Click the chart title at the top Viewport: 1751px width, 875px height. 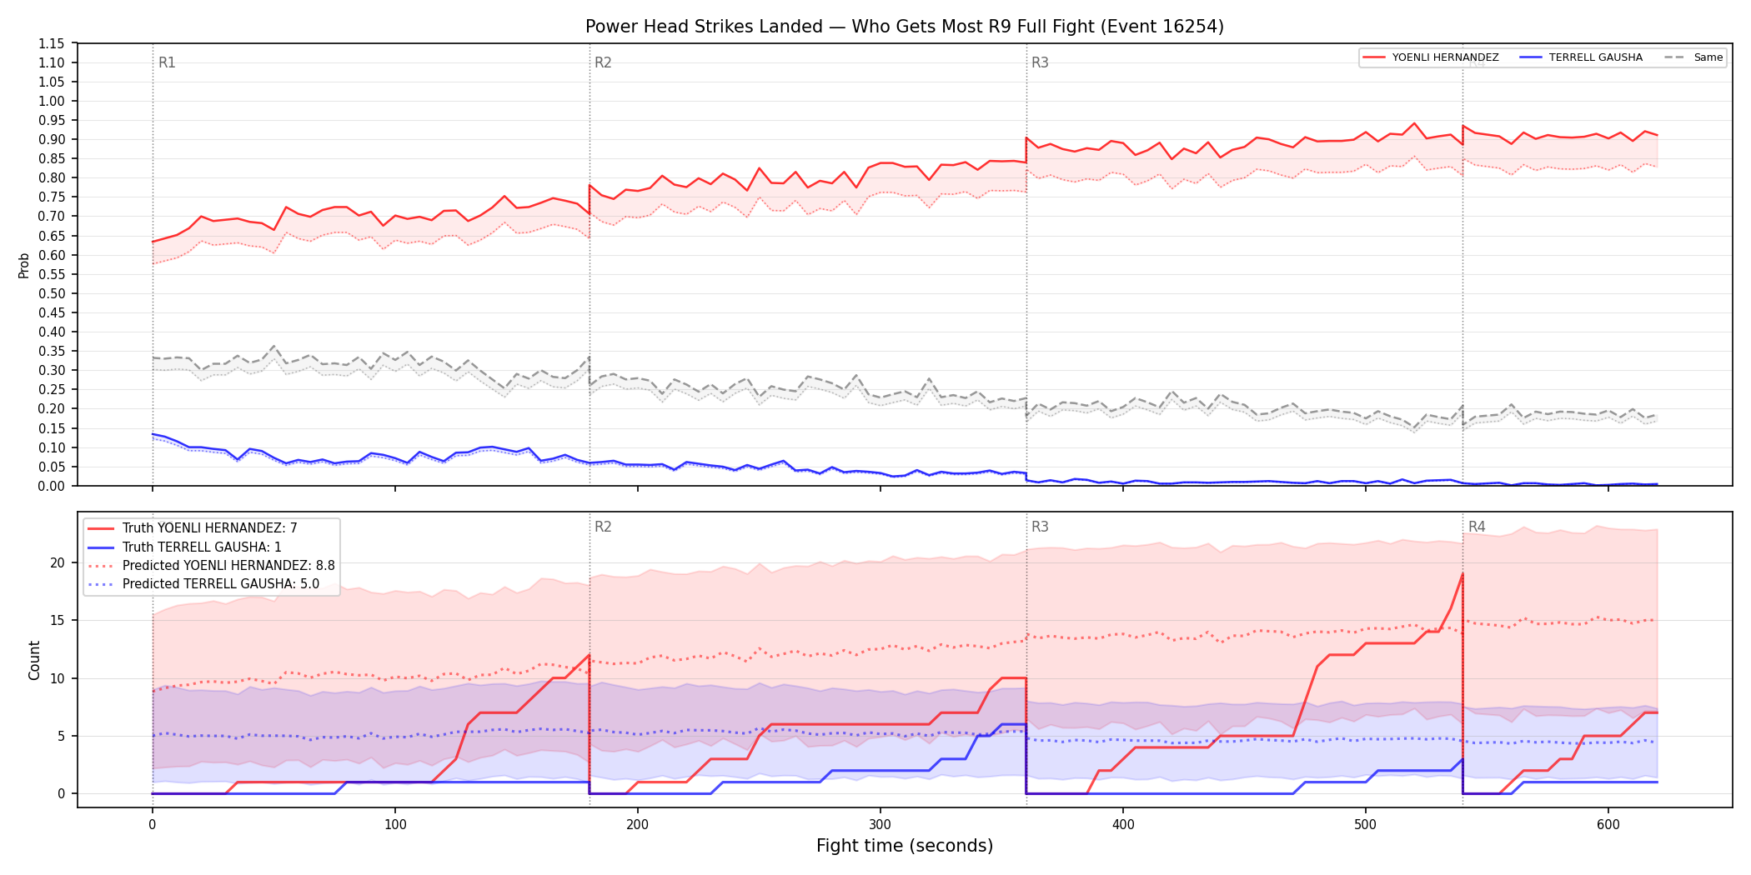point(905,27)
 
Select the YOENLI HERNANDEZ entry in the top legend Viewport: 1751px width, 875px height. point(1445,57)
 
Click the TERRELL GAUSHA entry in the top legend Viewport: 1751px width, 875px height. point(1596,57)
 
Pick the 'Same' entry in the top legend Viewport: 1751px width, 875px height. point(1708,57)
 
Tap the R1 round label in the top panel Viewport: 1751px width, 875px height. point(167,62)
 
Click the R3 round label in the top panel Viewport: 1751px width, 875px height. point(1040,62)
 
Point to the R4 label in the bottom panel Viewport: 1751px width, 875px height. point(1477,527)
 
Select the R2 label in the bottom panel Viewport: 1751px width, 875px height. point(603,527)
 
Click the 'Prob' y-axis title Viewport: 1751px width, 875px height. point(24,265)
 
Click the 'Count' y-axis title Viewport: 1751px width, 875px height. point(34,660)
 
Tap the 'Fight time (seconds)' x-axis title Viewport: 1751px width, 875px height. point(905,846)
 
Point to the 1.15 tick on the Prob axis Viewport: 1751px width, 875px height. point(52,43)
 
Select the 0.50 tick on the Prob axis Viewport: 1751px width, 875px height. point(52,293)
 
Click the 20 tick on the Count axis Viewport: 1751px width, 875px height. point(57,562)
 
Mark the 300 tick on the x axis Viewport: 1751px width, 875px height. point(881,825)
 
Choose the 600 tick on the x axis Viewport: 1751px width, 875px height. point(1608,825)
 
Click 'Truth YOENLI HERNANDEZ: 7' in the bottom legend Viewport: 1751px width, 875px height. point(210,528)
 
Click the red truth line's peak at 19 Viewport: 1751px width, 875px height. point(1463,573)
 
